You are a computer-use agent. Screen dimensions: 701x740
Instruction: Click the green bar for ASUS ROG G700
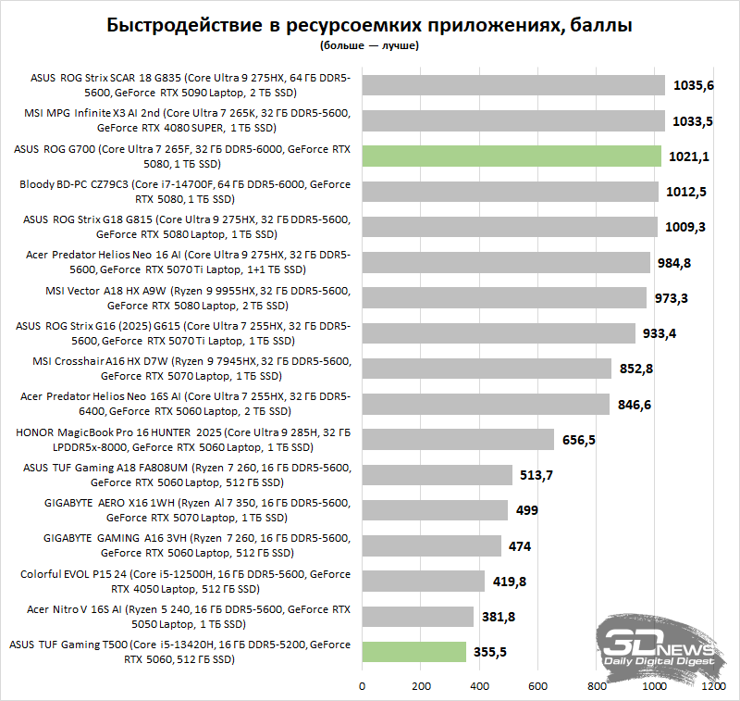(512, 156)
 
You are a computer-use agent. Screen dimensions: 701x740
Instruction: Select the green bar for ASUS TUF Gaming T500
(413, 652)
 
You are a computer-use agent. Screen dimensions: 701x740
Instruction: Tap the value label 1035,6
(693, 85)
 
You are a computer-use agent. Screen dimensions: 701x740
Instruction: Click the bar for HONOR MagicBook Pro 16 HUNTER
(458, 439)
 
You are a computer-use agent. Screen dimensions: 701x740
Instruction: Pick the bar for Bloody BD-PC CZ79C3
(510, 192)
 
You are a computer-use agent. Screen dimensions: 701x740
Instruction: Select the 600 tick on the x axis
(538, 687)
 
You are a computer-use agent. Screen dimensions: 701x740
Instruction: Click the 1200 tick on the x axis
(713, 687)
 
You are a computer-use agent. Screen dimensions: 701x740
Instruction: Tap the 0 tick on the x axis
(363, 687)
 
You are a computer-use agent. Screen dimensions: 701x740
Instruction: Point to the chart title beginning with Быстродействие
(370, 26)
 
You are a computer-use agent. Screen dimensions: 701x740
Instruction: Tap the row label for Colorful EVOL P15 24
(185, 581)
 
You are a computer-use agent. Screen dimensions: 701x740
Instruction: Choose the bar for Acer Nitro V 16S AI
(418, 617)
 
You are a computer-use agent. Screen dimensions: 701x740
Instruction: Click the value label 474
(520, 546)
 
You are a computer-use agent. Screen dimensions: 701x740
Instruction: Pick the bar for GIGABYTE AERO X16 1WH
(435, 510)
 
